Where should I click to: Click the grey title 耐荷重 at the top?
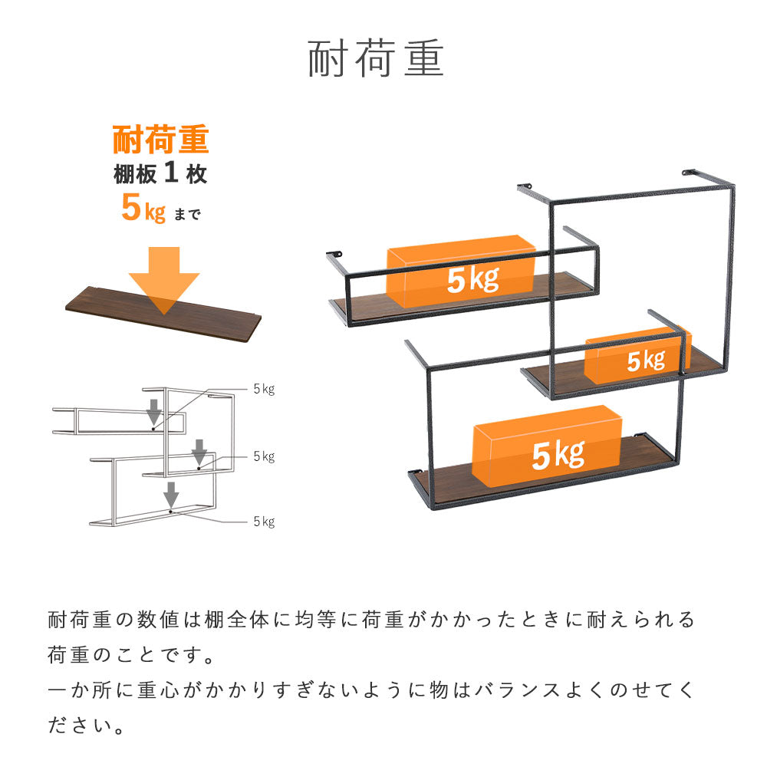tap(376, 59)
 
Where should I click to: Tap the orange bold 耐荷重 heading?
tap(161, 140)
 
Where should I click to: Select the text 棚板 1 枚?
tap(160, 173)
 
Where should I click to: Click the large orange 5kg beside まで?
tap(143, 207)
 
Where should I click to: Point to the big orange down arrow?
tap(164, 280)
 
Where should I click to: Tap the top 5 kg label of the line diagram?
tap(264, 390)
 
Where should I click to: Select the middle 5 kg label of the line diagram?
tap(264, 456)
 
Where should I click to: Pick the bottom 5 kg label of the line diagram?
tap(264, 522)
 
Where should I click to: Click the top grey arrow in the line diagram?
tap(155, 412)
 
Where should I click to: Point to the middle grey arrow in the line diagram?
tap(199, 452)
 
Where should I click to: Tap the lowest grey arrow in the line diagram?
tap(171, 495)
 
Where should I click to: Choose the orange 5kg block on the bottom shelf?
tap(547, 446)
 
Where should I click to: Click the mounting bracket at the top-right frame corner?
tap(689, 172)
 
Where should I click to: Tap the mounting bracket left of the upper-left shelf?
tap(334, 254)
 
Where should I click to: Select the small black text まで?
tap(187, 214)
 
